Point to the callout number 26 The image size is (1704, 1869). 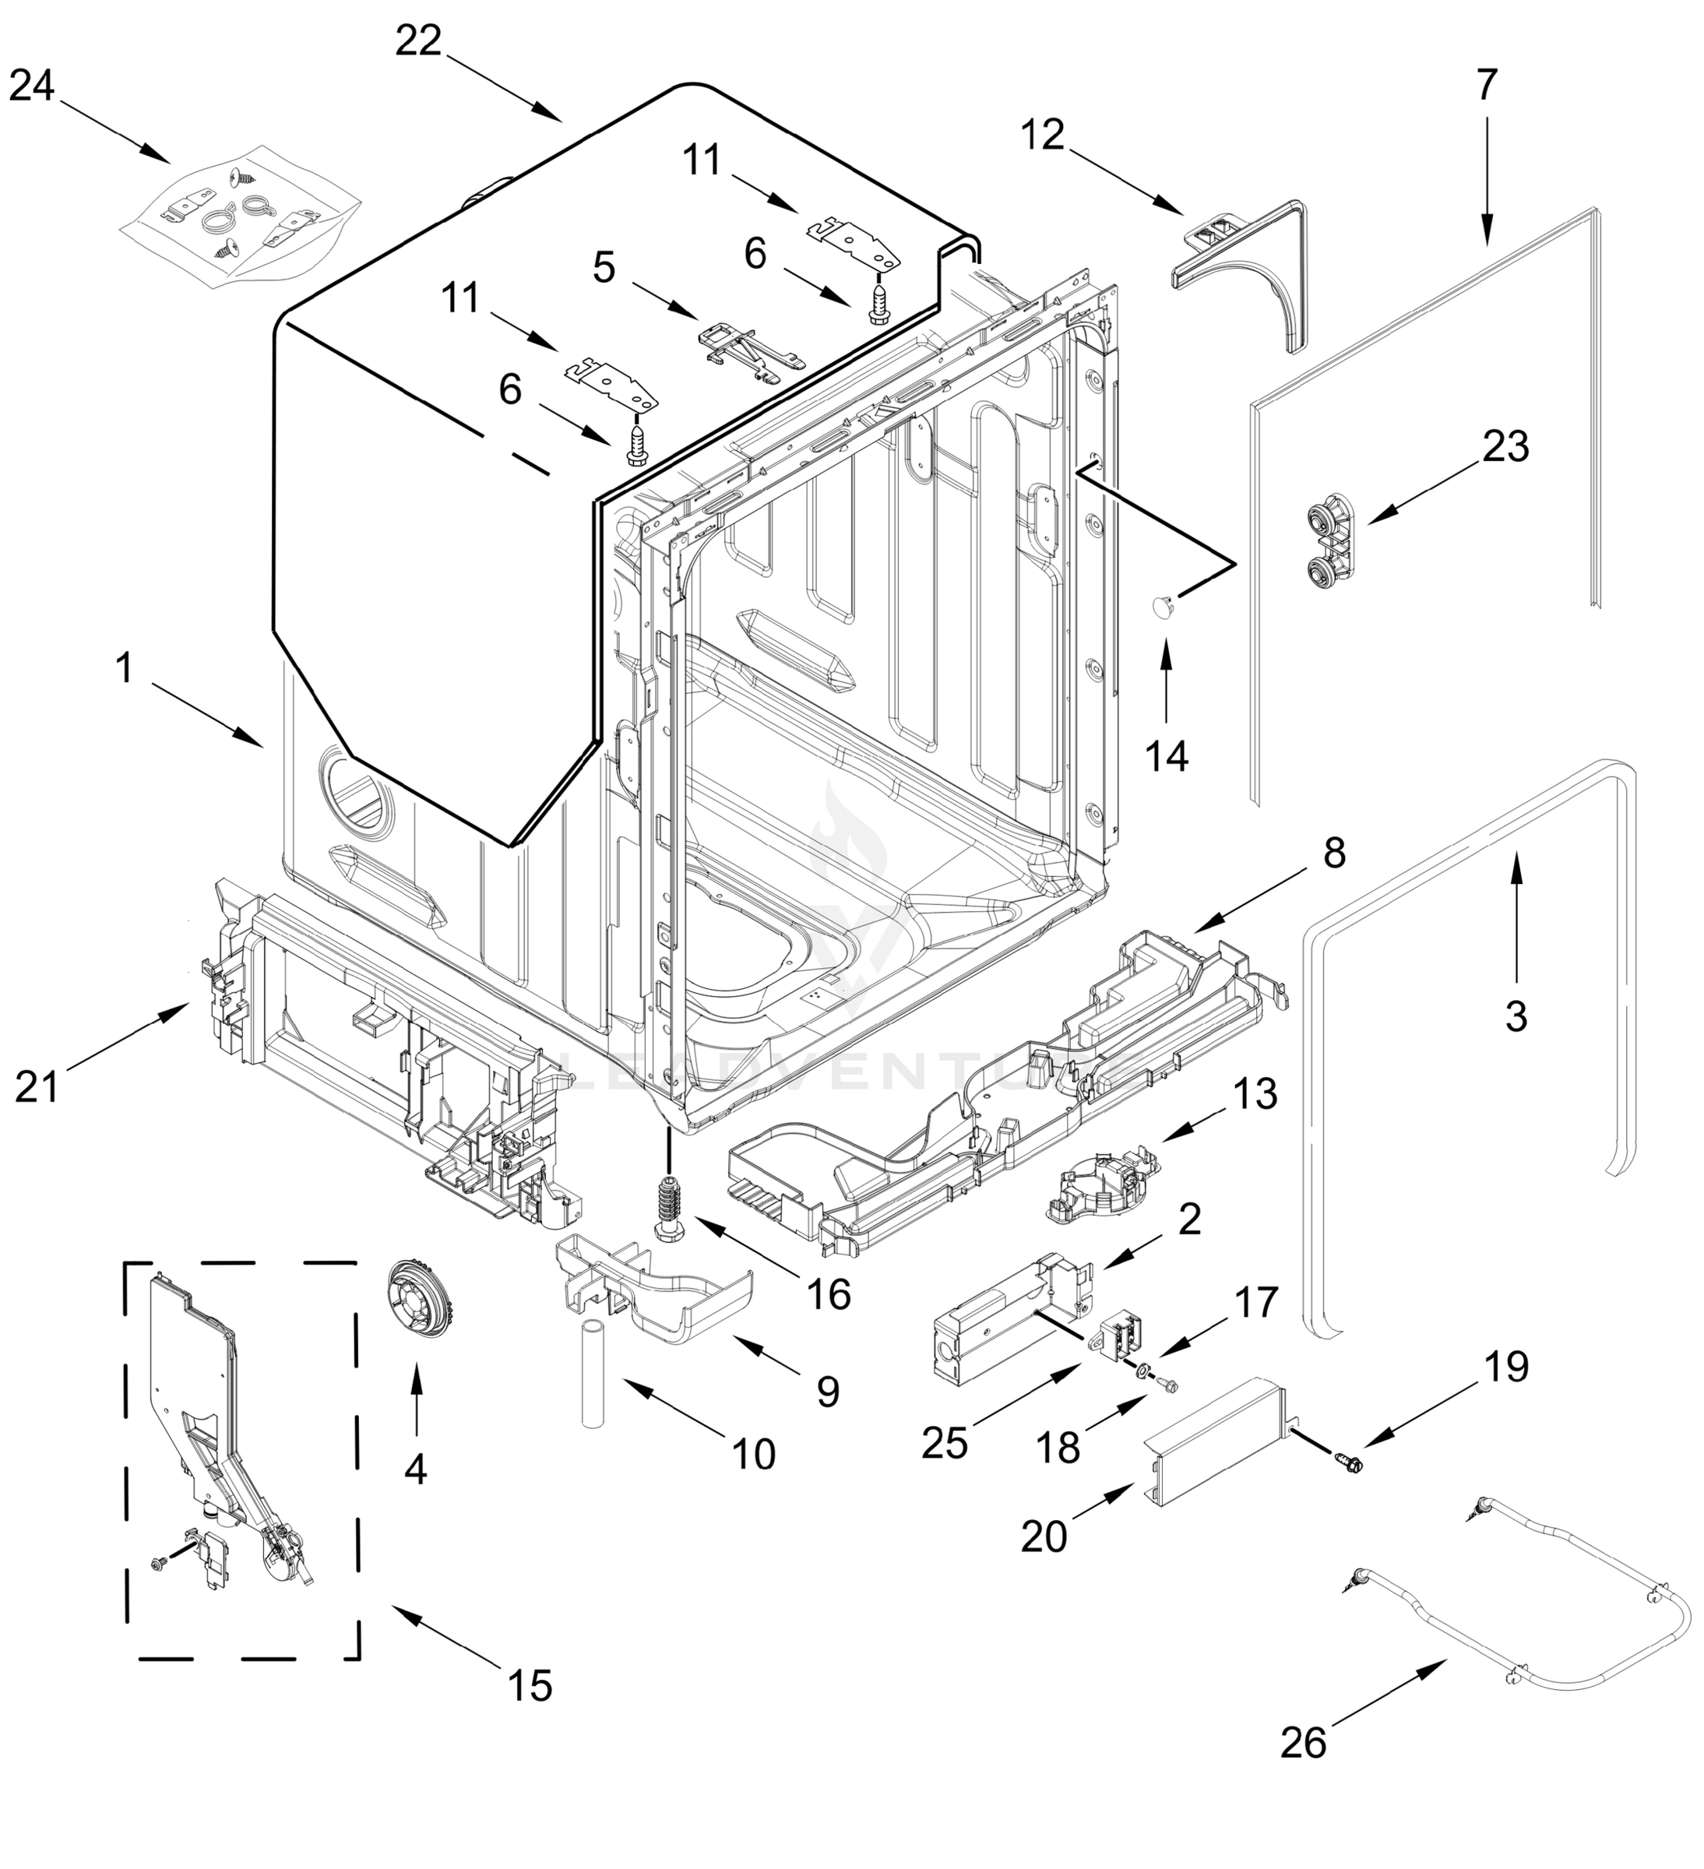(x=1304, y=1744)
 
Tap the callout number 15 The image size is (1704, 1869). (x=530, y=1685)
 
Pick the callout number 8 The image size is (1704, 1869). (x=1333, y=854)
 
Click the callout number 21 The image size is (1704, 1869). (x=37, y=1086)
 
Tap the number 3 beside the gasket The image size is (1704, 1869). (x=1515, y=1016)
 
